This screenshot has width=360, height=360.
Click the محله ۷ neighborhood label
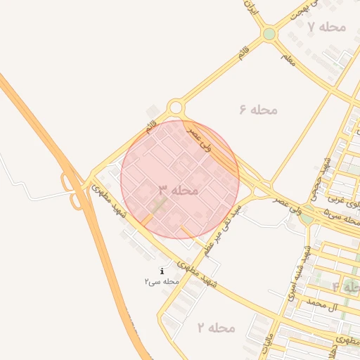pyautogui.click(x=327, y=27)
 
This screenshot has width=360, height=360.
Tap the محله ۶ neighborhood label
pyautogui.click(x=259, y=110)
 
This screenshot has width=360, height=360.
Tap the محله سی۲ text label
pyautogui.click(x=162, y=281)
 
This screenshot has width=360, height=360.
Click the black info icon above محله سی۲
pyautogui.click(x=162, y=271)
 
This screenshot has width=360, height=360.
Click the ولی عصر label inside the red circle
pyautogui.click(x=200, y=136)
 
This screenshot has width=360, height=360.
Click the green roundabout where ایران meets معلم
pyautogui.click(x=269, y=34)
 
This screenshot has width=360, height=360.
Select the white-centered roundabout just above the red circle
pyautogui.click(x=176, y=108)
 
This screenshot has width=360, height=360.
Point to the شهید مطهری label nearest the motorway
pyautogui.click(x=108, y=200)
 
